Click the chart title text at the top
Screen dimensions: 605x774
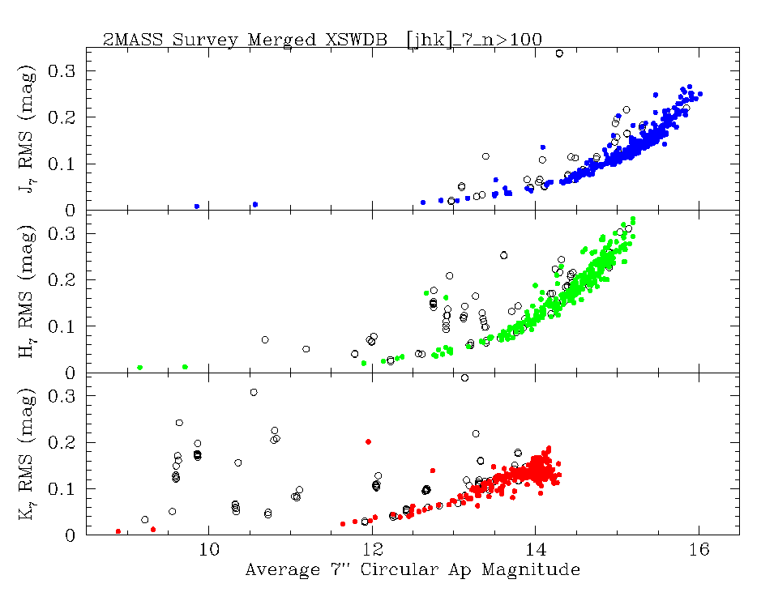(x=322, y=39)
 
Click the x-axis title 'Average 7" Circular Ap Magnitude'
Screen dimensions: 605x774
(x=413, y=570)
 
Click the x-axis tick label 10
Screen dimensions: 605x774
(x=209, y=551)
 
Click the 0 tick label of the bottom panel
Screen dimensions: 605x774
(x=71, y=535)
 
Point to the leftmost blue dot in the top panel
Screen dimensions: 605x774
(x=197, y=207)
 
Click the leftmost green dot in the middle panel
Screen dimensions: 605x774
(x=140, y=368)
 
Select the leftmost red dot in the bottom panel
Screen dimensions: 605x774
(x=118, y=531)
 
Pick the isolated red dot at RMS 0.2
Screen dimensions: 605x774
(x=369, y=441)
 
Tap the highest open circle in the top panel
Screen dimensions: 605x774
(x=559, y=53)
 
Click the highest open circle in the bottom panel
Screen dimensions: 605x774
(x=464, y=377)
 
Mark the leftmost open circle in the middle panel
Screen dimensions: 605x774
(x=264, y=339)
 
